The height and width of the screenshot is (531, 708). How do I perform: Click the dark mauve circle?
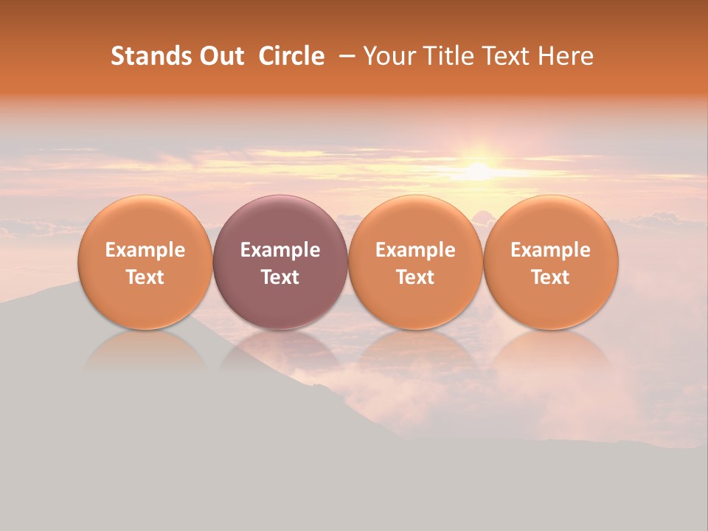click(x=280, y=262)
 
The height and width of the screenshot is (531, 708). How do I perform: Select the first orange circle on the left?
click(x=145, y=262)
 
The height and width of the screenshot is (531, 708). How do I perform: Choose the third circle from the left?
click(x=415, y=262)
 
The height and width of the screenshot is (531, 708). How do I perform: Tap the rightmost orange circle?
click(x=551, y=262)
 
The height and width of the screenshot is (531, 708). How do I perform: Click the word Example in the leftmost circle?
click(x=145, y=250)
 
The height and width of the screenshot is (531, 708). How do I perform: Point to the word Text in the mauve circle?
click(x=280, y=277)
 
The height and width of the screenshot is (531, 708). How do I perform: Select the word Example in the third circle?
click(x=415, y=250)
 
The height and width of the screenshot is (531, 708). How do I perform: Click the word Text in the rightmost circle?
click(x=551, y=277)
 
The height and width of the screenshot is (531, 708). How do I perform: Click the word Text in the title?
click(x=507, y=56)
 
